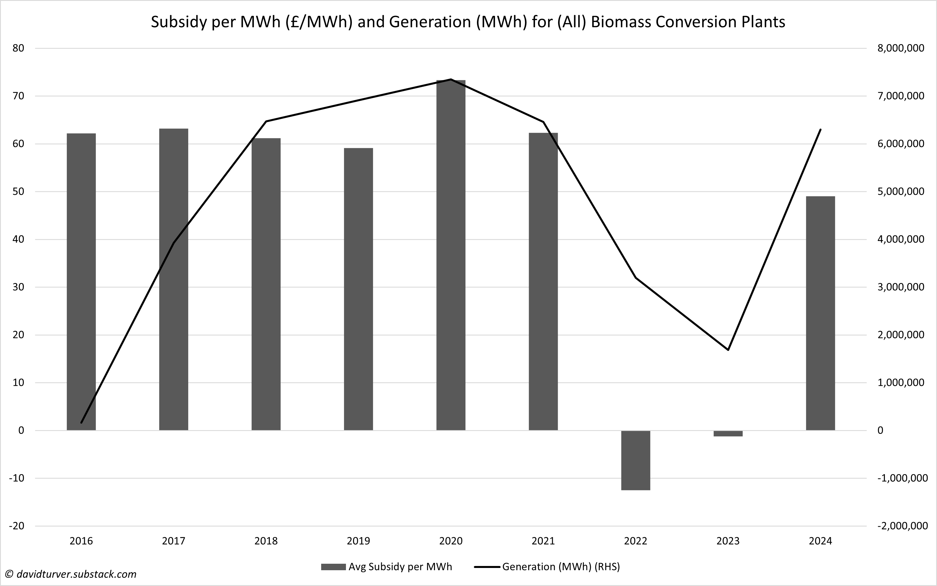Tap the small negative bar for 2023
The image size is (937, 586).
pyautogui.click(x=728, y=433)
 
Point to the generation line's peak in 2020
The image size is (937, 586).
pyautogui.click(x=450, y=79)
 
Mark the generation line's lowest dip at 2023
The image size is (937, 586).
pyautogui.click(x=728, y=350)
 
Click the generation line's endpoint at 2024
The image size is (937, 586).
pyautogui.click(x=820, y=129)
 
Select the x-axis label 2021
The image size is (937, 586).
pyautogui.click(x=543, y=541)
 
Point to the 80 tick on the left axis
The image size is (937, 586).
pyautogui.click(x=18, y=48)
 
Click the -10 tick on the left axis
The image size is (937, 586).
pyautogui.click(x=16, y=478)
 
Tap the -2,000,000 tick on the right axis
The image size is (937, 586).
pyautogui.click(x=902, y=526)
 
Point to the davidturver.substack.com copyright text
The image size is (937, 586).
pyautogui.click(x=71, y=574)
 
